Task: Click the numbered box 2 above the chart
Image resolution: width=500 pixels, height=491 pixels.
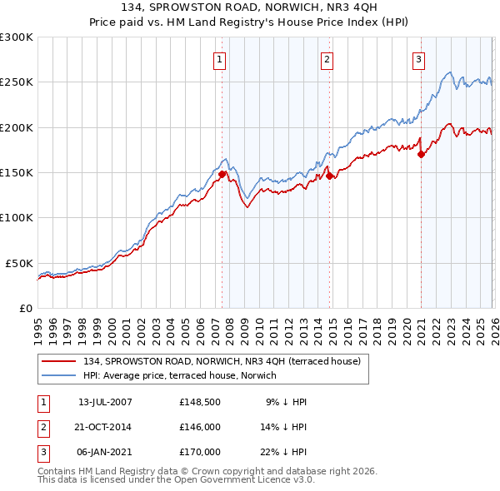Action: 327,59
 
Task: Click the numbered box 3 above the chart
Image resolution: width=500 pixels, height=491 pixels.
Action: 417,59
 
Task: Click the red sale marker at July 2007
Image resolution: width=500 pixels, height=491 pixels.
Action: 222,174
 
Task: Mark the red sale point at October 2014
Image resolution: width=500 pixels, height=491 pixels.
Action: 330,176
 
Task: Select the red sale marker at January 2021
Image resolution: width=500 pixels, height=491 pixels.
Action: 421,154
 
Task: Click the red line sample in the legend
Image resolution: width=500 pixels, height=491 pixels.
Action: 62,361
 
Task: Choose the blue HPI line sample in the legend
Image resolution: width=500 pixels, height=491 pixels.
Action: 62,376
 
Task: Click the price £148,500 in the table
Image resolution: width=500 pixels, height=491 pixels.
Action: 200,402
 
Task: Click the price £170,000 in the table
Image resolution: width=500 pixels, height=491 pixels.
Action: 200,452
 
